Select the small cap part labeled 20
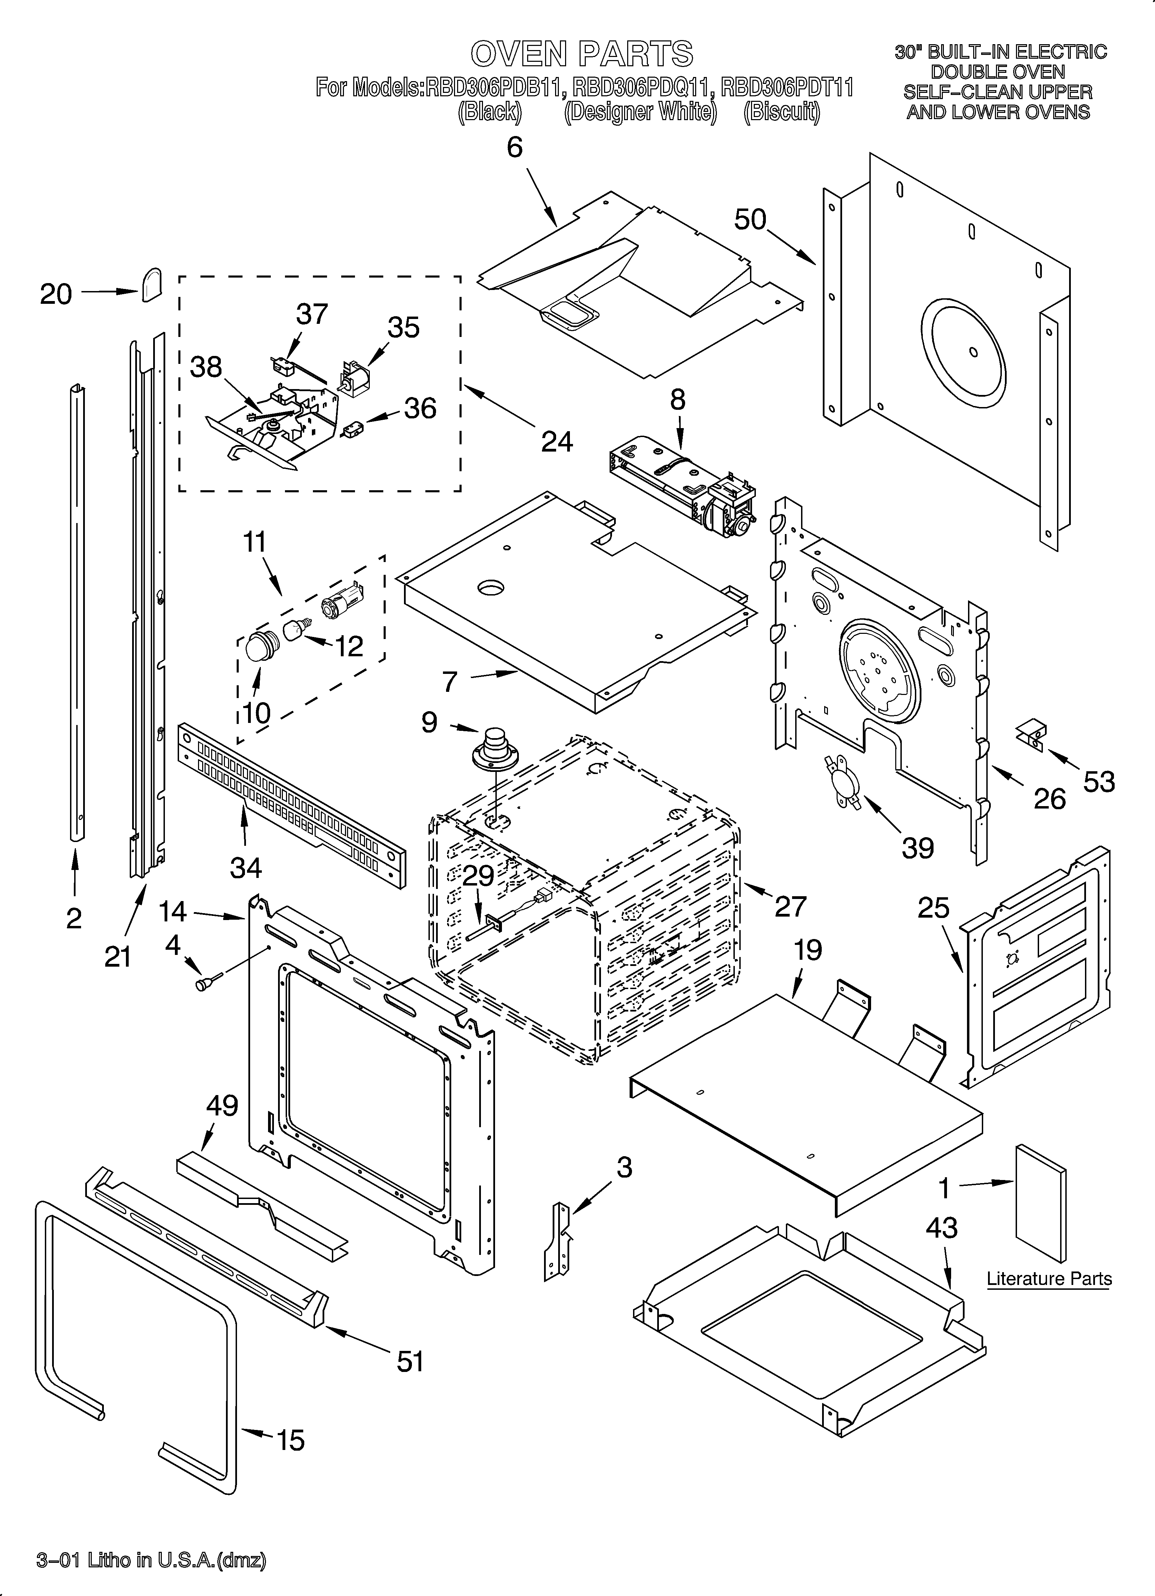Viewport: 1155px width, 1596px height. coord(151,284)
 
